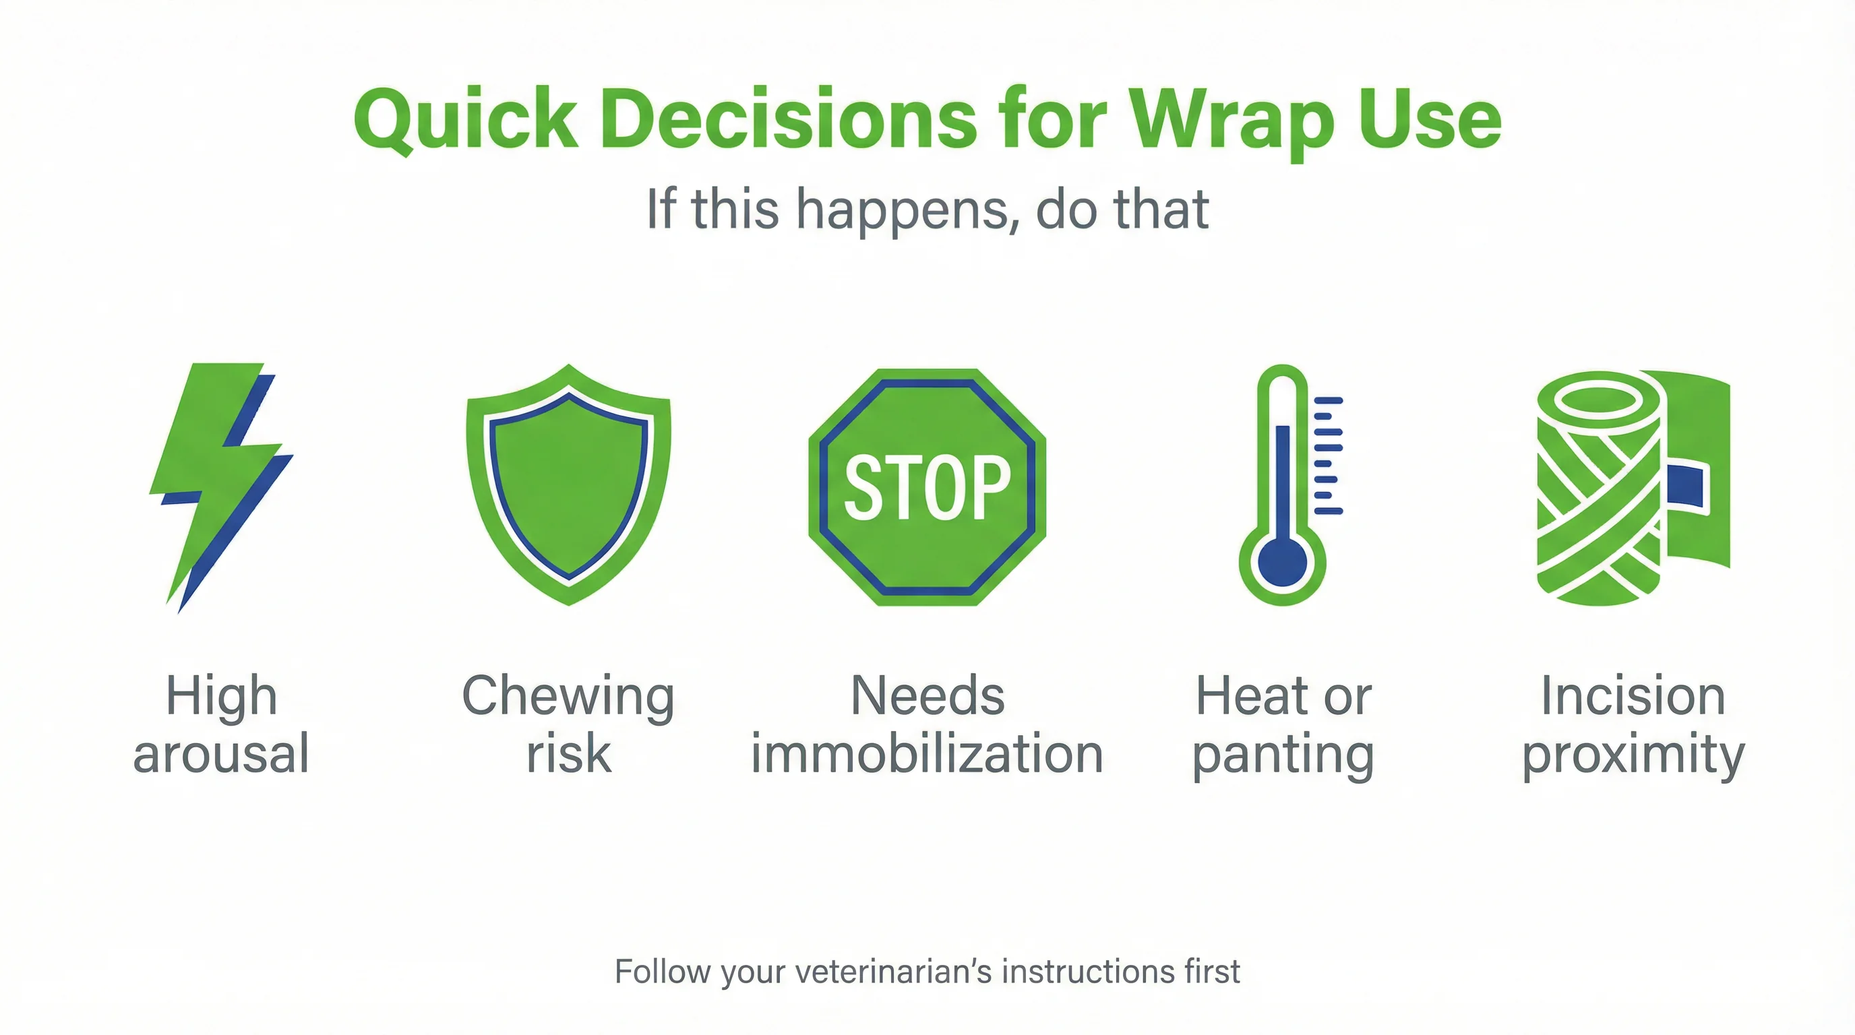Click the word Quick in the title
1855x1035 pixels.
click(x=465, y=119)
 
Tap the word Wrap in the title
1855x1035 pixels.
click(x=1232, y=119)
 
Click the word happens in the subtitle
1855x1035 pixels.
click(x=907, y=210)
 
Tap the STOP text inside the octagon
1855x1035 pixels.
click(x=927, y=487)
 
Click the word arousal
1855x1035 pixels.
click(x=221, y=753)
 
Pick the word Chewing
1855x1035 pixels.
click(x=568, y=697)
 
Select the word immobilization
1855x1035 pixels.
click(x=927, y=753)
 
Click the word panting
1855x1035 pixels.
click(x=1283, y=756)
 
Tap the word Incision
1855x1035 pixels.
click(x=1633, y=697)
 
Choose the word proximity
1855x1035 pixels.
click(x=1633, y=756)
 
